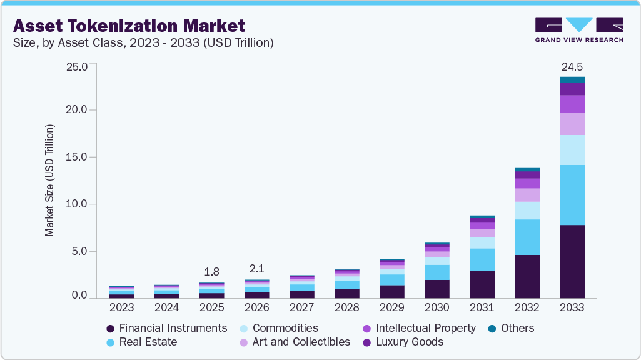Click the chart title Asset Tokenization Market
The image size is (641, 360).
pos(129,26)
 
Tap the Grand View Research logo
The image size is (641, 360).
pos(578,29)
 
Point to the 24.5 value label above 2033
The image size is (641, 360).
pos(572,66)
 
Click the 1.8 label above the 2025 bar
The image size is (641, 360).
pos(211,272)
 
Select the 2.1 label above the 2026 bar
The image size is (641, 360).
pos(256,269)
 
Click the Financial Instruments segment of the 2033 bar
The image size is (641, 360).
pos(572,261)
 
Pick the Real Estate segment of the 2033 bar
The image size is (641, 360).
pos(572,195)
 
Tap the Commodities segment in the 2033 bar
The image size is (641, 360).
pos(572,150)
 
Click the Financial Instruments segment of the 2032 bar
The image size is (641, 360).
pos(527,276)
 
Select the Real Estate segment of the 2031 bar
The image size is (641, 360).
pos(482,259)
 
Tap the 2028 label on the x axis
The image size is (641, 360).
pos(346,308)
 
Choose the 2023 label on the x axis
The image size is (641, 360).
pos(121,308)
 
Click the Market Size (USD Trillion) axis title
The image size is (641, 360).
pos(49,180)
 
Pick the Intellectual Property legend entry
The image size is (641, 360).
pos(425,328)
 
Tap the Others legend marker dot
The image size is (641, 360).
pos(492,328)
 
